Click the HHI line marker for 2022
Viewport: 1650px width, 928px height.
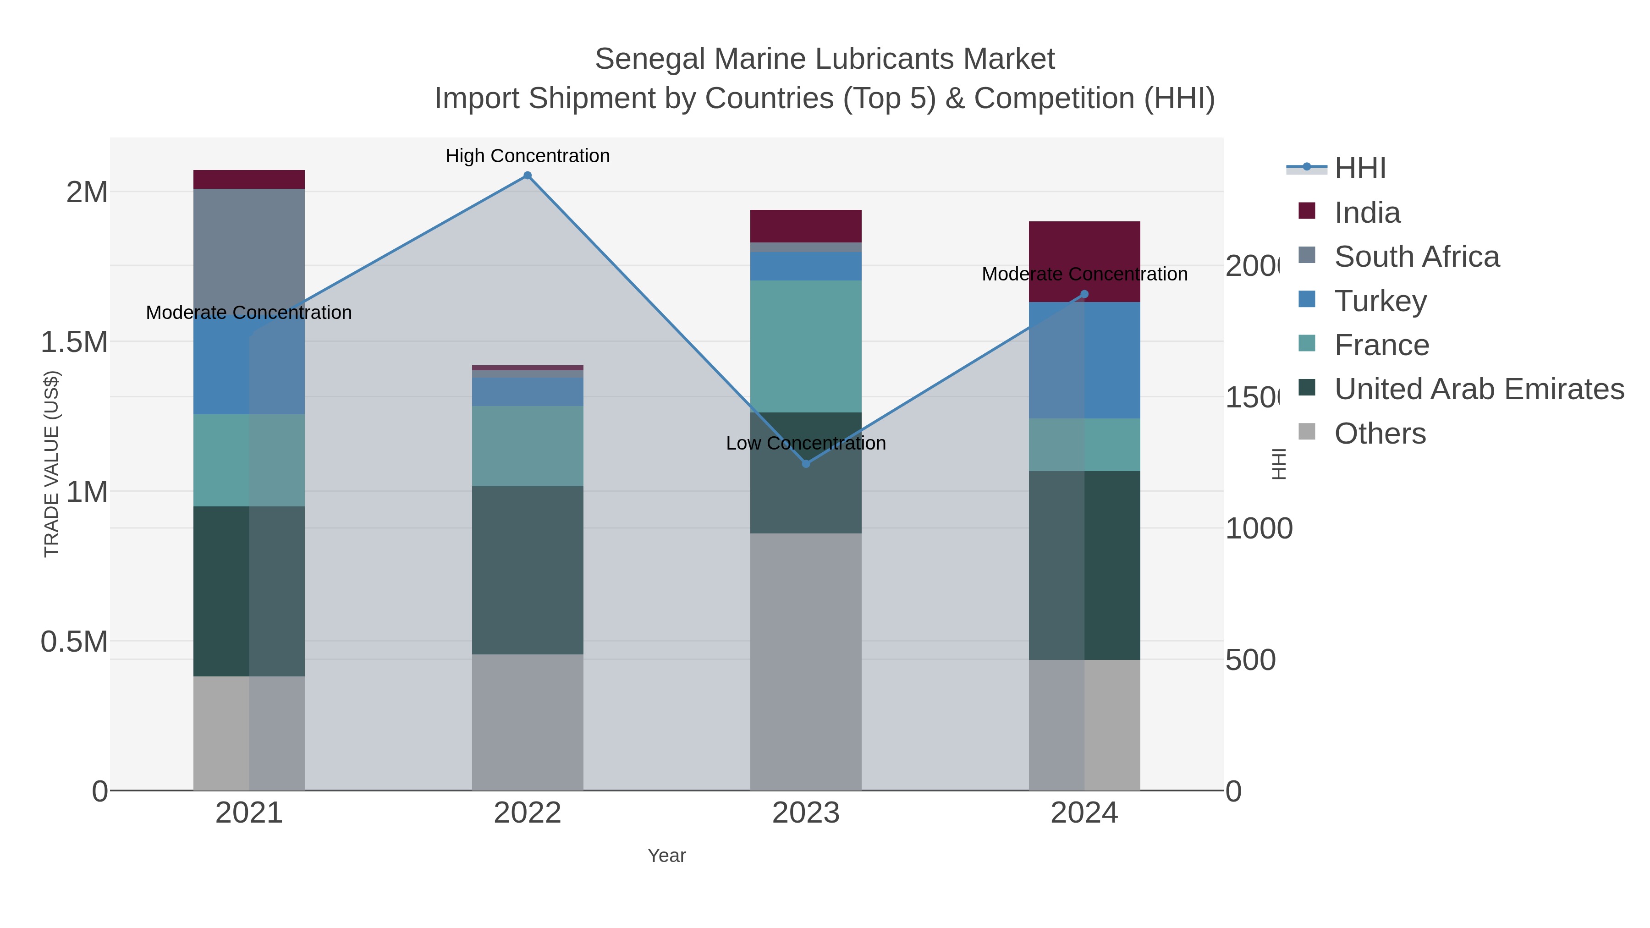[x=527, y=176]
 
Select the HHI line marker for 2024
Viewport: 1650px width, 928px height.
[x=1084, y=295]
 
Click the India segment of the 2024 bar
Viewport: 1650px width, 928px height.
[x=1084, y=256]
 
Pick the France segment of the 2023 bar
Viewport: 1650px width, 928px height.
[x=806, y=346]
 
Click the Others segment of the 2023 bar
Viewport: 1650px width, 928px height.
[x=806, y=659]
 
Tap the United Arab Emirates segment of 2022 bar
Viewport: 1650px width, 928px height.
[x=527, y=570]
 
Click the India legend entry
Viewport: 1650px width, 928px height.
[x=1367, y=213]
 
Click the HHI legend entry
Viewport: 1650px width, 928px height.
[x=1359, y=169]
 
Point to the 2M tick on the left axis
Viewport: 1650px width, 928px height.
[x=87, y=192]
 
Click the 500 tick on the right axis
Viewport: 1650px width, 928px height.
[x=1250, y=660]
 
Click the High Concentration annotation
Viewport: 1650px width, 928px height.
[x=527, y=156]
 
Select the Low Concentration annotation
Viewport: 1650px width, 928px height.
[x=806, y=443]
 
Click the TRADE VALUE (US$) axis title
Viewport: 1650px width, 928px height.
[x=51, y=464]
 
